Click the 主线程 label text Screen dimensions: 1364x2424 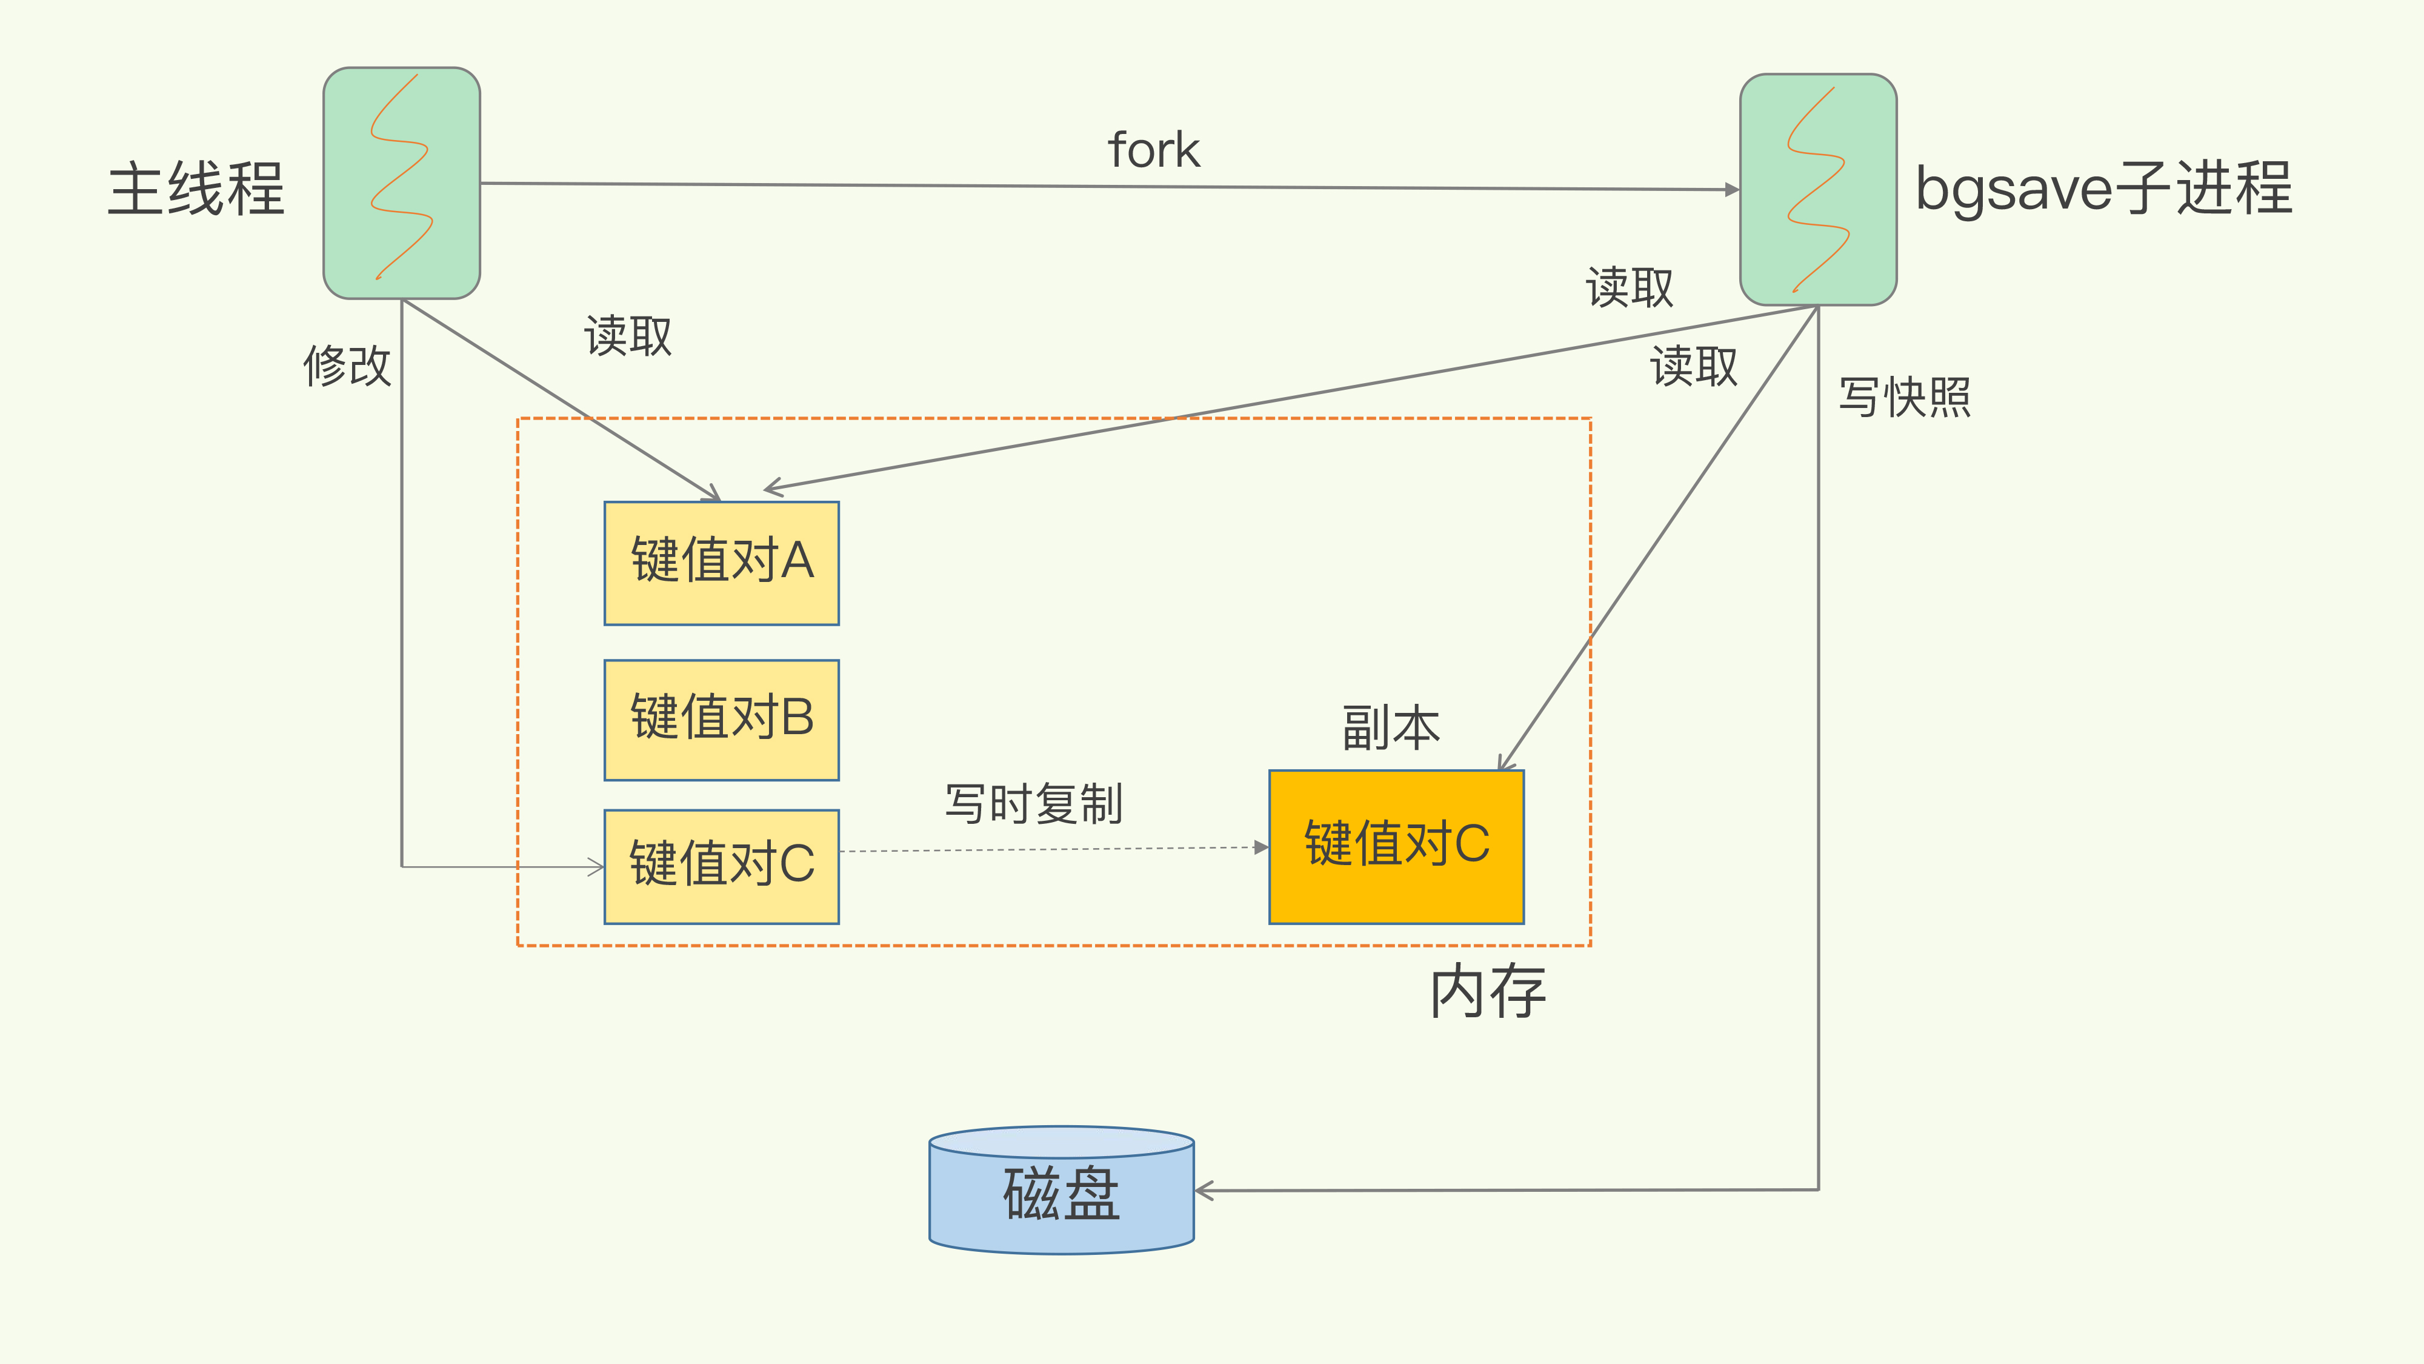point(196,189)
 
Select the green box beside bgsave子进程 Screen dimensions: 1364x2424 point(1818,189)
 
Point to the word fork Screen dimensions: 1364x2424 point(1154,150)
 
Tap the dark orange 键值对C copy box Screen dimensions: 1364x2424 point(1396,846)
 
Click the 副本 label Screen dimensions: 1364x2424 point(1391,727)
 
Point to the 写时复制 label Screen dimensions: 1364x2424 point(1033,804)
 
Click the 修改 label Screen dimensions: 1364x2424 point(346,365)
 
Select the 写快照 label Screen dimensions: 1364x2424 point(1905,396)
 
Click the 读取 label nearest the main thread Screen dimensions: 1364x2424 point(628,336)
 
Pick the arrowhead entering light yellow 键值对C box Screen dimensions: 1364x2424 point(596,867)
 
